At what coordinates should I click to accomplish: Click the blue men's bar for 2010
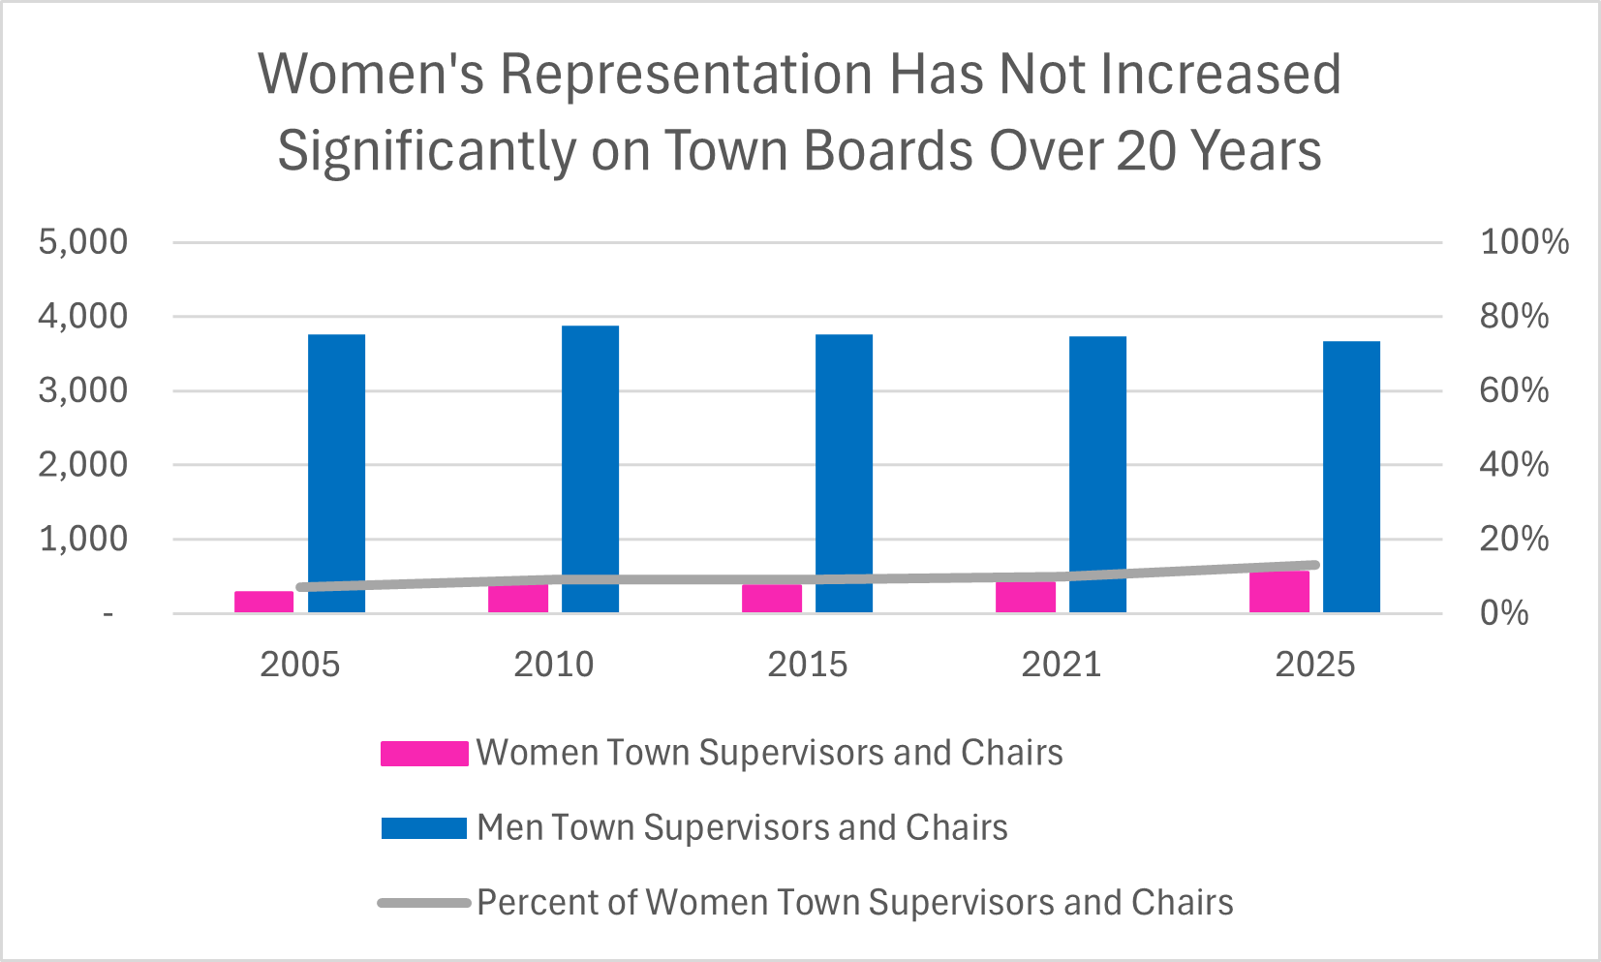point(590,469)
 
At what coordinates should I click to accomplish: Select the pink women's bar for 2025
point(1278,592)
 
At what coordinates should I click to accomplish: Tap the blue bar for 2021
point(1097,474)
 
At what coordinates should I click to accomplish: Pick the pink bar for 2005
point(263,602)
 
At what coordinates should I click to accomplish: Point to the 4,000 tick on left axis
point(82,317)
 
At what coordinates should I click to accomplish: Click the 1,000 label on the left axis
point(82,540)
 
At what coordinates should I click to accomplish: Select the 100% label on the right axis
point(1524,242)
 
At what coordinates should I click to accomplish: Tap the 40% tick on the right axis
point(1514,465)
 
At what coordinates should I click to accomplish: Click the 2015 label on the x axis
point(807,665)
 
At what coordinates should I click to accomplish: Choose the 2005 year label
point(299,665)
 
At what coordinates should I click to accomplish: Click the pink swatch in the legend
point(424,754)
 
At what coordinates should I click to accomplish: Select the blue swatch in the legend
point(424,828)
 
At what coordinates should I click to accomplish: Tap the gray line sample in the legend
point(424,903)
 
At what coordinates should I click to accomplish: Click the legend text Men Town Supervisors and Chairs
point(742,828)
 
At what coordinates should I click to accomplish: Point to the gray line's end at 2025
point(1314,565)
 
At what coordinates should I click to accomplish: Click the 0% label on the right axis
point(1503,613)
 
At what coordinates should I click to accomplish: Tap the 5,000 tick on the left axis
point(82,242)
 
